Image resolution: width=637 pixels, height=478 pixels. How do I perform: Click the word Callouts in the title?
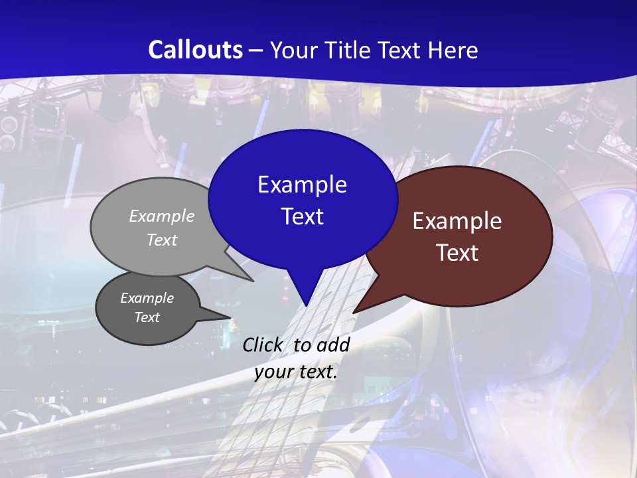click(x=195, y=50)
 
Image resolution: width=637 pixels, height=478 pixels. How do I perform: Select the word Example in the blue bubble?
click(x=302, y=185)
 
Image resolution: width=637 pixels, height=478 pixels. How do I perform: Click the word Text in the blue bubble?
click(x=302, y=216)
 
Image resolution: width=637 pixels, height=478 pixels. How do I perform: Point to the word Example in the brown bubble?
click(x=457, y=221)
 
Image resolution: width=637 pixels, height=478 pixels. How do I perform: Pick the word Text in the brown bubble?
click(x=457, y=253)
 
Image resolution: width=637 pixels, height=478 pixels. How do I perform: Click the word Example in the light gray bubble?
click(x=162, y=216)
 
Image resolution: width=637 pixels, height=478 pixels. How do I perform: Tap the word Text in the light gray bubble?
click(x=162, y=240)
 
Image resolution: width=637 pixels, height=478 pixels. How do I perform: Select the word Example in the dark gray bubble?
click(x=147, y=298)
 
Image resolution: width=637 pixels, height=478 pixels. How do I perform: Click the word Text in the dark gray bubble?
click(x=147, y=317)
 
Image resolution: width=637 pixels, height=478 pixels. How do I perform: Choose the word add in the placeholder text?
click(x=333, y=345)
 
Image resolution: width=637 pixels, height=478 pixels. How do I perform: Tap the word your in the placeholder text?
click(x=273, y=372)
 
